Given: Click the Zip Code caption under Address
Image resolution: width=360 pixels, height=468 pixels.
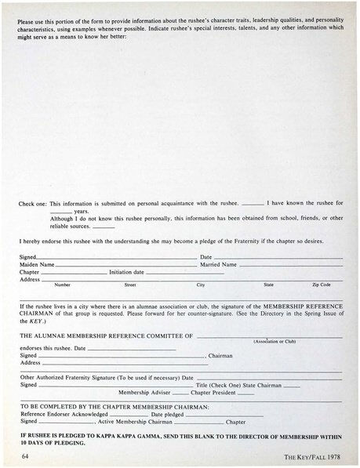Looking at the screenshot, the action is coord(321,285).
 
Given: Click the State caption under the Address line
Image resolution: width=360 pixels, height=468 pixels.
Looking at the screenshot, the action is coord(268,285).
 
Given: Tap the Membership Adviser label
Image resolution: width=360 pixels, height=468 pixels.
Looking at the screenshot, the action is coord(143,392).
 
